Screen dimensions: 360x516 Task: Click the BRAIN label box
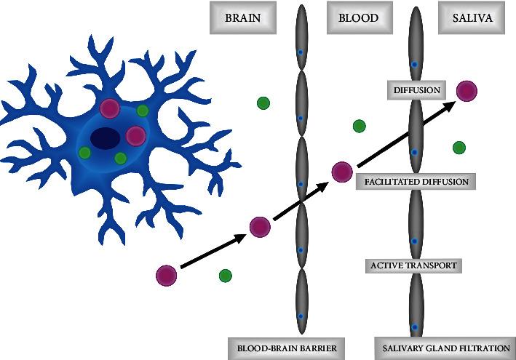pyautogui.click(x=242, y=18)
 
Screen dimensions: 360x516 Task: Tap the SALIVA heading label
pyautogui.click(x=472, y=18)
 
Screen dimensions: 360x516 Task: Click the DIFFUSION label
pyautogui.click(x=417, y=90)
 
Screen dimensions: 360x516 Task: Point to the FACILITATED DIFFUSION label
pyautogui.click(x=416, y=181)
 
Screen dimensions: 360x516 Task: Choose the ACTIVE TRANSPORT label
pyautogui.click(x=413, y=265)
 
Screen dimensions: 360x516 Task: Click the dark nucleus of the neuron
pyautogui.click(x=106, y=137)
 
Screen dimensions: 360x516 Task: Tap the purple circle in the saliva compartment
pyautogui.click(x=467, y=91)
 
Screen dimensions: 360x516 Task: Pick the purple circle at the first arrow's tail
pyautogui.click(x=166, y=276)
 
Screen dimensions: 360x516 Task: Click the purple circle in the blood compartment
pyautogui.click(x=342, y=172)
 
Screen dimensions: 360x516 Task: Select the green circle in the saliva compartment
pyautogui.click(x=459, y=148)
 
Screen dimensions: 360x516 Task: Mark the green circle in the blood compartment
pyautogui.click(x=359, y=126)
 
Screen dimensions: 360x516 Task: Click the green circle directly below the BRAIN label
pyautogui.click(x=263, y=103)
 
